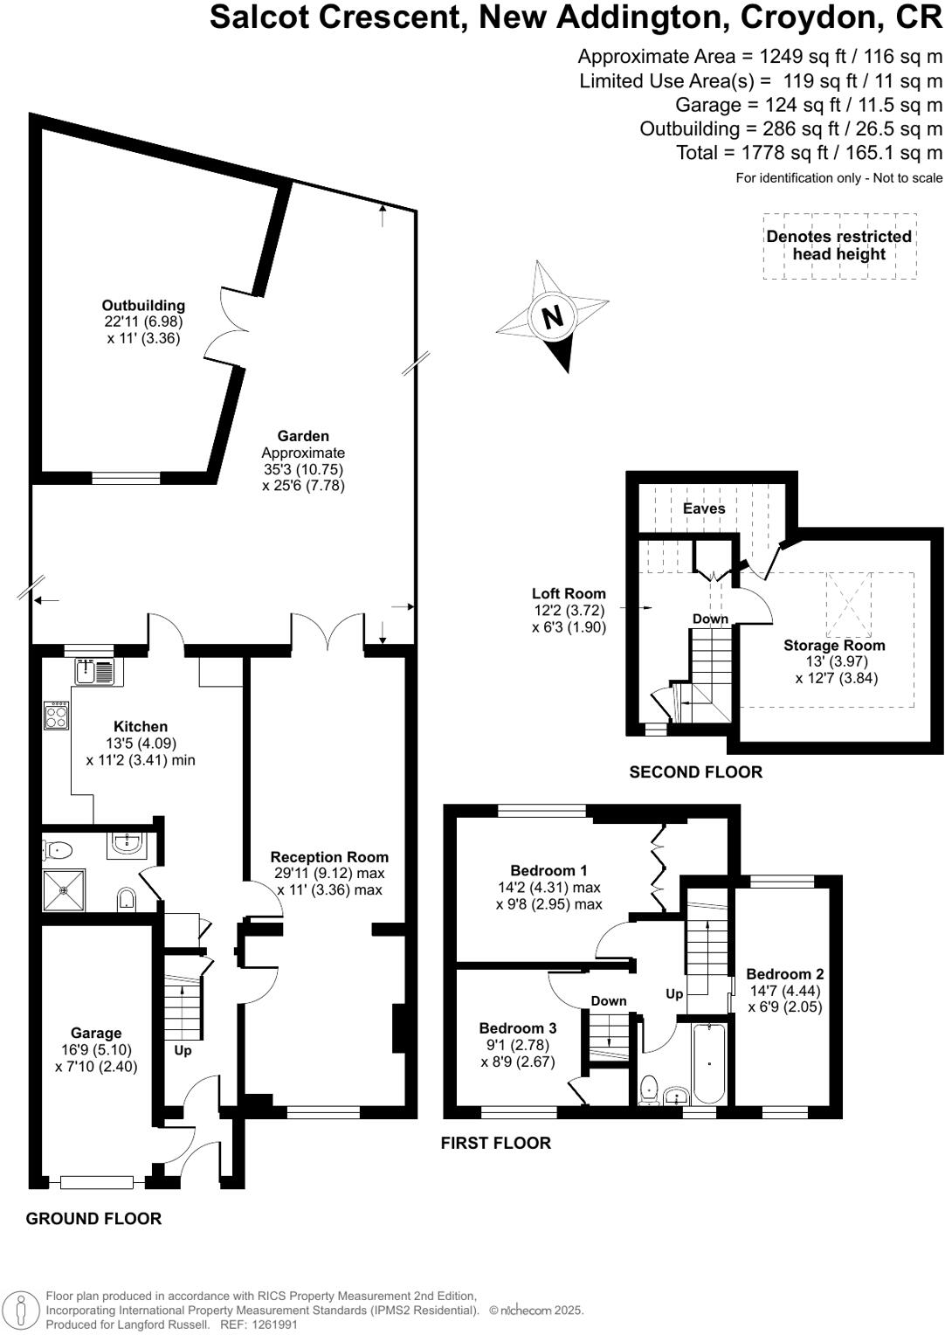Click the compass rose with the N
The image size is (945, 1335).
(x=553, y=316)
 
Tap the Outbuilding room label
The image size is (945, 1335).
(x=143, y=306)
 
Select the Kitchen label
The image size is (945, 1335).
(x=141, y=727)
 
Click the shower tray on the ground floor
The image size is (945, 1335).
(x=65, y=890)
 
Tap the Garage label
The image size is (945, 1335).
(x=96, y=1034)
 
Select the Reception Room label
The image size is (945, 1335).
(x=329, y=857)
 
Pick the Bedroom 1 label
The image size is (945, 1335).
(x=548, y=870)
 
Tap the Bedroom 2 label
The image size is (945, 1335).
(x=784, y=974)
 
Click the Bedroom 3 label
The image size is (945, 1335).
(x=517, y=1028)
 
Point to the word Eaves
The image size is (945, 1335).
(x=704, y=508)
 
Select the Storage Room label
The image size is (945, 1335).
(x=834, y=646)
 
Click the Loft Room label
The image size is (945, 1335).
(x=569, y=594)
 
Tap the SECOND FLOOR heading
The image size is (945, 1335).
(x=695, y=772)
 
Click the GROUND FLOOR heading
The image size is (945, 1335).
(x=93, y=1219)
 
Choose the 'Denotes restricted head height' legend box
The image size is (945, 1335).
(x=838, y=246)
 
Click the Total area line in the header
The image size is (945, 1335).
(x=809, y=153)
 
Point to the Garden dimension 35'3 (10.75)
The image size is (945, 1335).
(x=303, y=469)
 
